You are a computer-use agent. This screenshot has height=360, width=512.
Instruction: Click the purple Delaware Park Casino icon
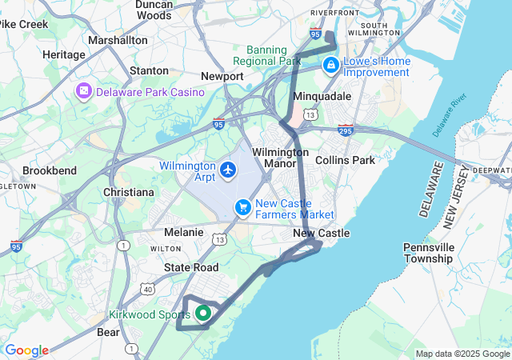(83, 92)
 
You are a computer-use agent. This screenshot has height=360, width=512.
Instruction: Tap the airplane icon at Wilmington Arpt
(229, 170)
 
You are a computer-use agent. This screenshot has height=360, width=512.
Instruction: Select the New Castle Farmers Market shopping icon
(243, 208)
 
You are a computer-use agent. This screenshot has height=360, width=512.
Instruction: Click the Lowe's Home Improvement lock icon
(330, 65)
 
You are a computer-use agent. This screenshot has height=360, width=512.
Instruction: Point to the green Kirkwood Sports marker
(203, 314)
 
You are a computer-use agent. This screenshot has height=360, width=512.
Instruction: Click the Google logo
(26, 350)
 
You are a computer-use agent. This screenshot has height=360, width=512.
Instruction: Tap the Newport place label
(222, 76)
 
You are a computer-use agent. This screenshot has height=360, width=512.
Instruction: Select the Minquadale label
(322, 96)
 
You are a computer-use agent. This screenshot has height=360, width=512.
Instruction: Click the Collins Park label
(345, 160)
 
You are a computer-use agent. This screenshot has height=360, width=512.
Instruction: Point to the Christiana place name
(129, 193)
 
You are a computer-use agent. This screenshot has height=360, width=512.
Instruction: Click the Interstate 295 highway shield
(346, 129)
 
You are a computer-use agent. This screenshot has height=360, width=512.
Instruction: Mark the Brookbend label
(50, 170)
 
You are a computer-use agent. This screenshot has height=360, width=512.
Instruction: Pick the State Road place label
(191, 267)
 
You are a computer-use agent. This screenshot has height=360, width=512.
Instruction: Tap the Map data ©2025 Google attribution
(462, 354)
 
